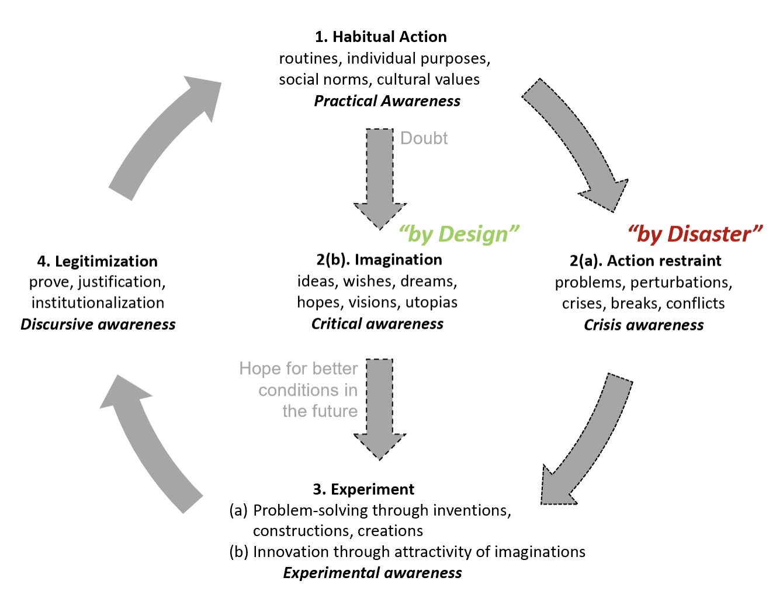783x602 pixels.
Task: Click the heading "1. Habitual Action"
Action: coord(381,37)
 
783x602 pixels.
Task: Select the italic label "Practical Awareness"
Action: coord(387,101)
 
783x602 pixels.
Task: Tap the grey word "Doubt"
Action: coord(424,138)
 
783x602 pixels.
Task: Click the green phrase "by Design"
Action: coord(458,234)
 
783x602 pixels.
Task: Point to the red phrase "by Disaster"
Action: coord(695,234)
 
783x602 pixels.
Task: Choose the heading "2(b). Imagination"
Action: coord(379,260)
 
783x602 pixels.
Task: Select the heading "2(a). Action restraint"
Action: coord(645,260)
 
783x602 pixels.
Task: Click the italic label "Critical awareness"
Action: coord(377,323)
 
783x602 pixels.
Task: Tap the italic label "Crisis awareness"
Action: coord(643,325)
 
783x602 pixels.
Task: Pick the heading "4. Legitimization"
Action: coord(97,262)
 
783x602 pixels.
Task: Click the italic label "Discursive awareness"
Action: coord(98,325)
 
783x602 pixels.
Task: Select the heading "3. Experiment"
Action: coord(363,489)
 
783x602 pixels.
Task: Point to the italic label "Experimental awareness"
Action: coord(372,573)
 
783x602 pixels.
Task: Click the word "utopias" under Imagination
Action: coord(431,302)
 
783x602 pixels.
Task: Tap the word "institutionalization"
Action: coord(98,303)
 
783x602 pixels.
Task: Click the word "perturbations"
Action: coord(681,283)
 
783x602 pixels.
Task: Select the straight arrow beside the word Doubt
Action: coord(380,179)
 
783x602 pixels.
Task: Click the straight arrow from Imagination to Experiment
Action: coord(380,409)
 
